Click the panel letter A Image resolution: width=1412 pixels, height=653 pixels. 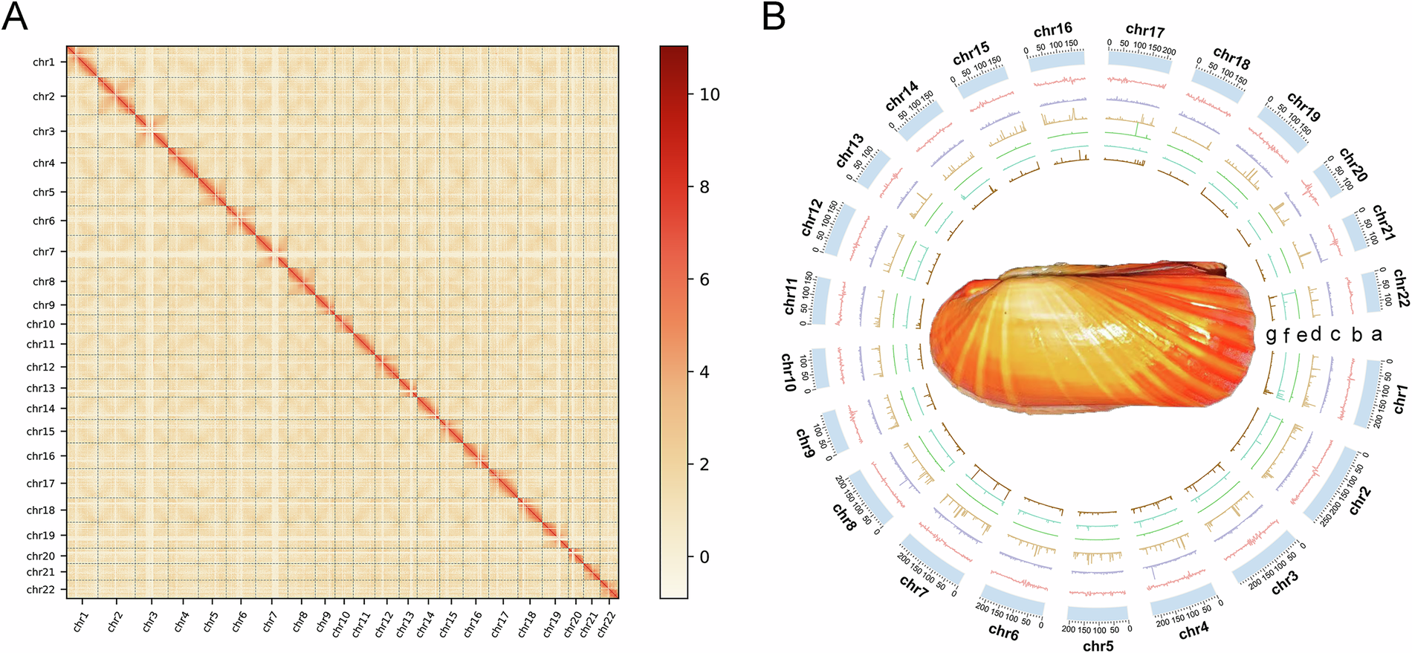point(15,16)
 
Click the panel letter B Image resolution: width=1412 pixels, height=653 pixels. point(774,16)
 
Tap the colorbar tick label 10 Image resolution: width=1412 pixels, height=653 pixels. point(710,94)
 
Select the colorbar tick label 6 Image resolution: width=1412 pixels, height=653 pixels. point(705,279)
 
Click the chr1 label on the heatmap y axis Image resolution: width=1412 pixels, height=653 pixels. point(44,62)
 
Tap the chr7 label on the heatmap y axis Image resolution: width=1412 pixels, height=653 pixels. point(44,252)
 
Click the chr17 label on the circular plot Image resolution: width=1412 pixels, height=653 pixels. point(1144,30)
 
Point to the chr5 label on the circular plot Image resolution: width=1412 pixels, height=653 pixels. point(1098,646)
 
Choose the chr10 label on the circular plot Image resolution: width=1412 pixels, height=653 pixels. point(788,371)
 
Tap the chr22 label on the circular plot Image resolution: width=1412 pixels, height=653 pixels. point(1400,288)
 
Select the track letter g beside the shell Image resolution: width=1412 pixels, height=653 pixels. point(1271,335)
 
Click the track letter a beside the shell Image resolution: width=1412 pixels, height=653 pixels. point(1376,334)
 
